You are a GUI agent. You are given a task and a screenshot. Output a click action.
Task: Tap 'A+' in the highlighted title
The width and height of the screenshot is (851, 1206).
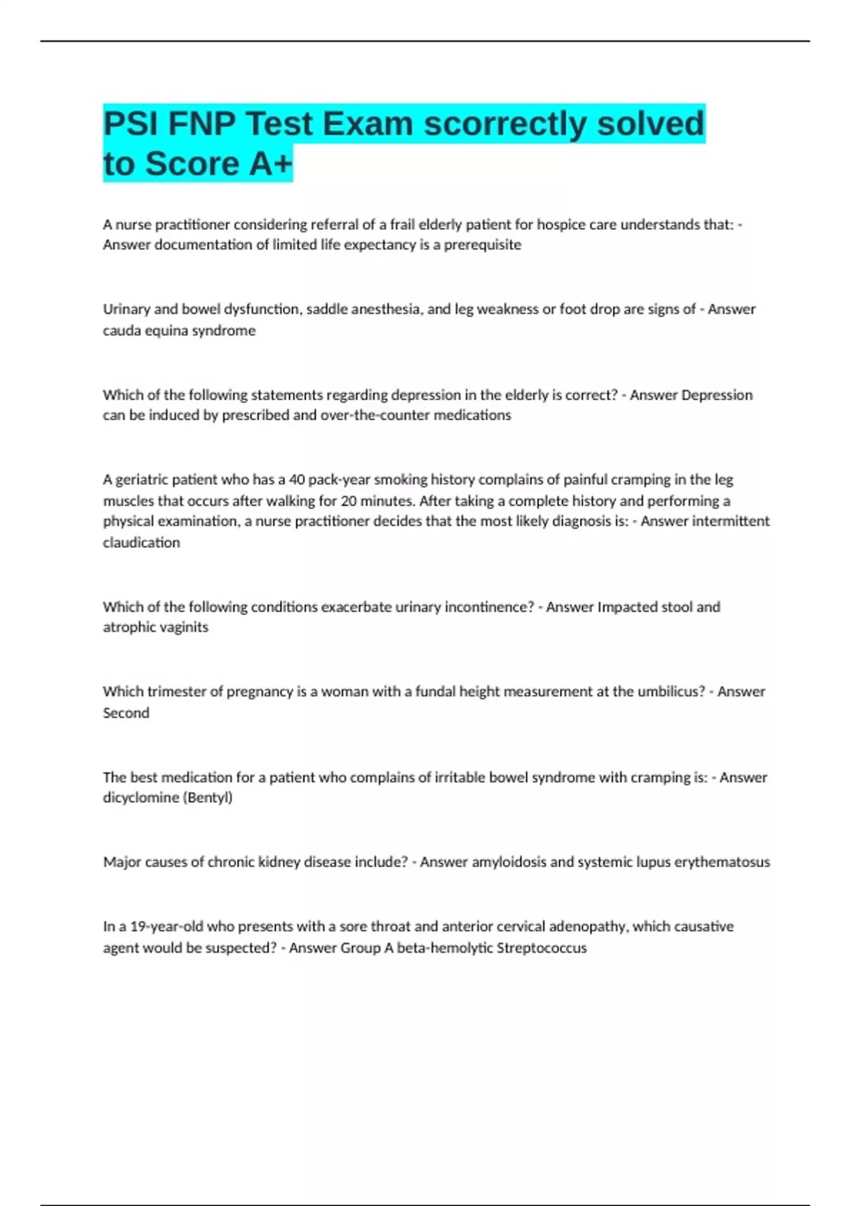[270, 164]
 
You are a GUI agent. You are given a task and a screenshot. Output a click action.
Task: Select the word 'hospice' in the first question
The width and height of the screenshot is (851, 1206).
[561, 225]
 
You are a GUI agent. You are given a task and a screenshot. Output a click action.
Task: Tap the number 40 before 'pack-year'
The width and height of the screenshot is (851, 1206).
[297, 480]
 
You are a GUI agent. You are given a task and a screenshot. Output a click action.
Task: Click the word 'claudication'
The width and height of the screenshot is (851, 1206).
[141, 543]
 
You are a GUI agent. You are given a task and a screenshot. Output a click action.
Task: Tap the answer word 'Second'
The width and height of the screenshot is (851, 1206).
[126, 713]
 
